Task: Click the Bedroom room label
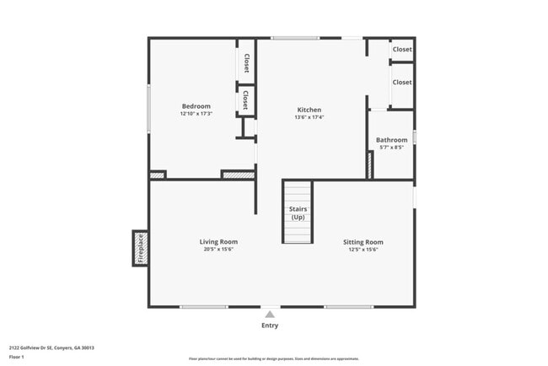(196, 106)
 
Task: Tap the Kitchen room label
(309, 110)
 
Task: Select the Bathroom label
(391, 140)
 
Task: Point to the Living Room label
(218, 242)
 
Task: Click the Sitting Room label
(363, 242)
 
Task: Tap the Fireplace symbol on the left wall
(140, 248)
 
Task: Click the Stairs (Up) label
(298, 213)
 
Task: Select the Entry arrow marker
(270, 314)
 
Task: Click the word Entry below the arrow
(270, 326)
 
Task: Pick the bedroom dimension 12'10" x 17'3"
(196, 114)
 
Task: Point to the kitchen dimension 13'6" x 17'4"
(309, 117)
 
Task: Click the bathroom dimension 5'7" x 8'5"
(391, 148)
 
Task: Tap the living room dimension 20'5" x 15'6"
(218, 250)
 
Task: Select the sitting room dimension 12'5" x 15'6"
(363, 250)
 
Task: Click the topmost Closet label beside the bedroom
(246, 62)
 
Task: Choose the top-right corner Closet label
(402, 50)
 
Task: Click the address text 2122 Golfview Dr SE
(51, 347)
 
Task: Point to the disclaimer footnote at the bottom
(274, 358)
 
